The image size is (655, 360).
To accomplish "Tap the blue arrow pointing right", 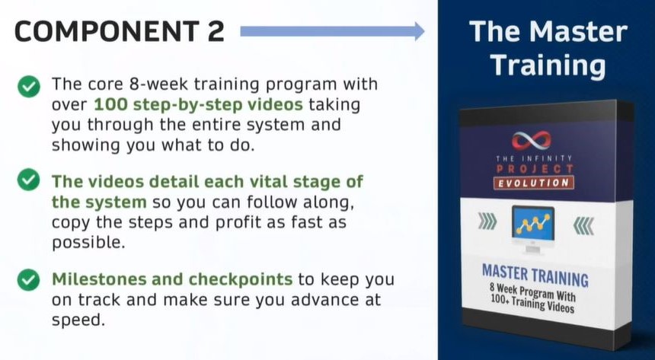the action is point(333,31).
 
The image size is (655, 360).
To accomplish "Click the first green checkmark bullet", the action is point(29,86).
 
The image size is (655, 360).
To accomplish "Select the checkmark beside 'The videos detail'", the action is point(29,180).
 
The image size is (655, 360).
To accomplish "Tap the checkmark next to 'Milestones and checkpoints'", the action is point(29,279).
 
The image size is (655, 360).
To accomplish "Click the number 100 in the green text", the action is point(111,105).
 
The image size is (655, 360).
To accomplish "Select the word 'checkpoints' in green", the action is point(240,279).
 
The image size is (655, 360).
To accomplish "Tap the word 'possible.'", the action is point(88,243).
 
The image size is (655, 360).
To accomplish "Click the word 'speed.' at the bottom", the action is point(78,320).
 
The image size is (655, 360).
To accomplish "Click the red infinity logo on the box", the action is point(531,140).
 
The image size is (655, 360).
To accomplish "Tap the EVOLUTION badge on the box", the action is point(533,183).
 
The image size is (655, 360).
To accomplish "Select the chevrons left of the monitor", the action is point(487,221).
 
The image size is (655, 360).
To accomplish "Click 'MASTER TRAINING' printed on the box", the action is point(535,276).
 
